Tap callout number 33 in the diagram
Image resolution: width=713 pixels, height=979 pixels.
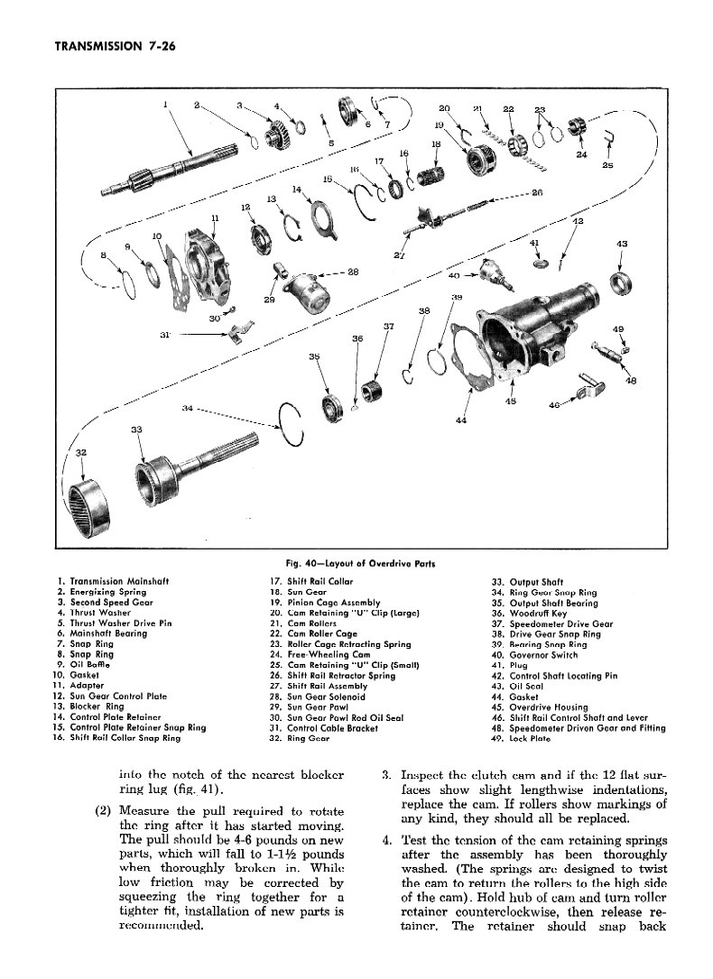tap(137, 429)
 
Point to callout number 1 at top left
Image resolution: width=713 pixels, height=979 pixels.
tap(166, 105)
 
